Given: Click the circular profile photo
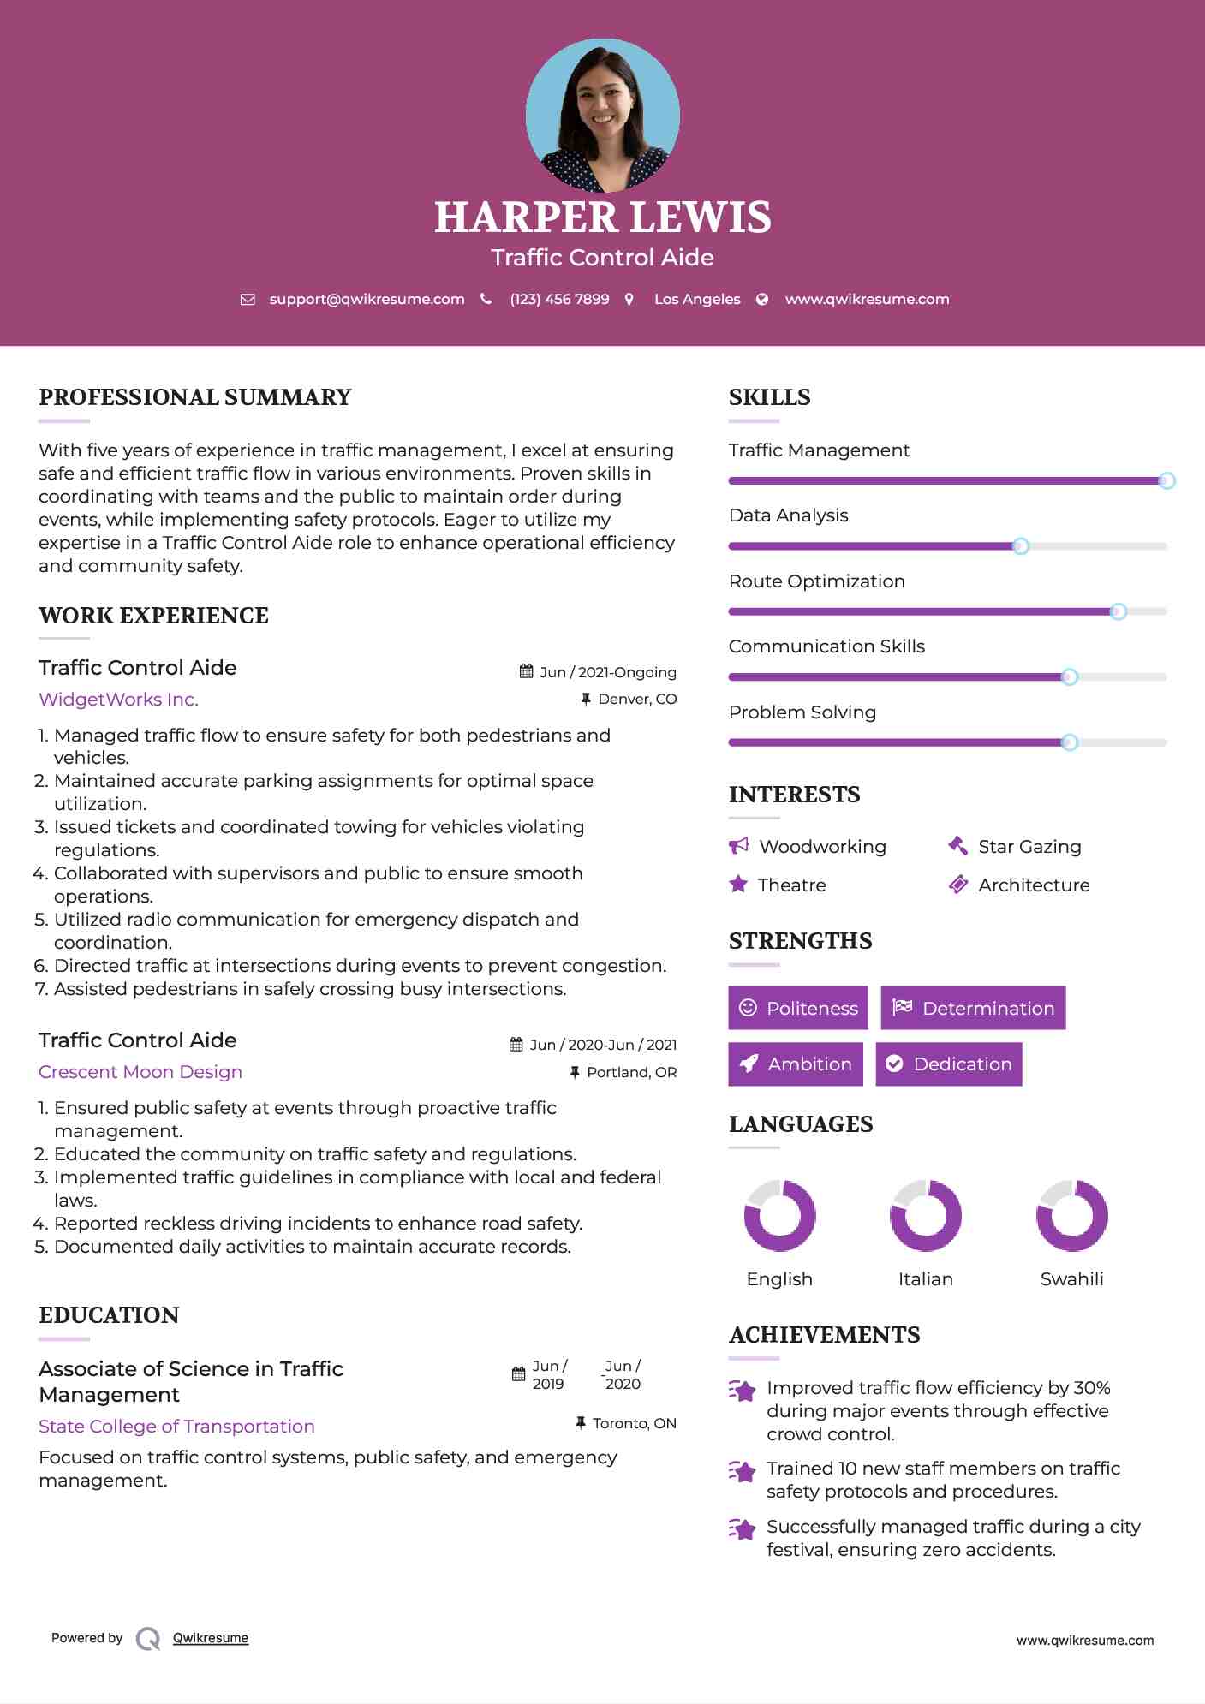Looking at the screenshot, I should (x=602, y=115).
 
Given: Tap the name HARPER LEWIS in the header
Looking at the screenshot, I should (x=602, y=217).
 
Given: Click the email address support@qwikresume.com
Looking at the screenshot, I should (x=367, y=299).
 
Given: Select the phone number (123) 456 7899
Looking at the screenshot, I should (x=559, y=299).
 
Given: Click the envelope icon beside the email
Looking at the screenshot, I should (x=248, y=299).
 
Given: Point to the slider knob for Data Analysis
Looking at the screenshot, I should (x=1020, y=546).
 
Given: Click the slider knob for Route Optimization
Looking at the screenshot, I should (x=1118, y=611).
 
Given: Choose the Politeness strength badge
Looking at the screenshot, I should (x=797, y=1008).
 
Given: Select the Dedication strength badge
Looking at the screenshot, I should (x=948, y=1064).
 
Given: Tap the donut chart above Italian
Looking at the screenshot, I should (x=925, y=1215).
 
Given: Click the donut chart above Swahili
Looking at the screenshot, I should (x=1071, y=1215).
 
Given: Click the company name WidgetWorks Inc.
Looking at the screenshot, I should (x=118, y=700).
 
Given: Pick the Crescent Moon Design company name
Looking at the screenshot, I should (x=140, y=1072).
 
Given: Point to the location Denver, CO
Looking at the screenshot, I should (x=637, y=700).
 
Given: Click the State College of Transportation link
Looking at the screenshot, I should (x=176, y=1427).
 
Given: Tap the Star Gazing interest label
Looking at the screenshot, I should (x=1029, y=847).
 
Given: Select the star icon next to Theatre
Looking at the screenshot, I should (x=738, y=885).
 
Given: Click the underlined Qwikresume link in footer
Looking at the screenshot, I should (x=211, y=1638).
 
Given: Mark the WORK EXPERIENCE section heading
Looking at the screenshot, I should (x=153, y=616).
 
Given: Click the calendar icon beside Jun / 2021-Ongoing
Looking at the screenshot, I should (x=527, y=672).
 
